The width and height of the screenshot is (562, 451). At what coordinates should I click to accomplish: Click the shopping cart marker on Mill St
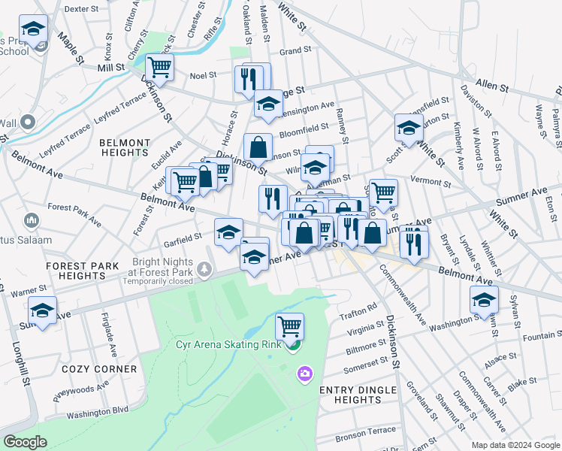[159, 67]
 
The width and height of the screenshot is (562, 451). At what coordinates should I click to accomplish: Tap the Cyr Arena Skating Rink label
[228, 345]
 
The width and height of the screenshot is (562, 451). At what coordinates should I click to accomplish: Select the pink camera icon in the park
[304, 374]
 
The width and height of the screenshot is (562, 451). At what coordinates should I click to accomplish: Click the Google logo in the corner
[25, 442]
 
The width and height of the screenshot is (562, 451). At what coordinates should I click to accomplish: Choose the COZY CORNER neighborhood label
[99, 369]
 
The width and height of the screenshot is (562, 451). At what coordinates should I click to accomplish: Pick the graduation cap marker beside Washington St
[484, 300]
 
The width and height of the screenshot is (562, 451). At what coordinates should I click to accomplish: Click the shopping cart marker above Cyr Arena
[289, 326]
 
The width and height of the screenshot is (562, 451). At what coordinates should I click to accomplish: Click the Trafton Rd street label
[361, 309]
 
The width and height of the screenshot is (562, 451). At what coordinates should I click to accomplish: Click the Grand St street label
[295, 51]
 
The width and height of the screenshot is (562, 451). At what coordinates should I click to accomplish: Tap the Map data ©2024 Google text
[515, 445]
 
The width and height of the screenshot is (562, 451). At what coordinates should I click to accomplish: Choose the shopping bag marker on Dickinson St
[258, 147]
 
